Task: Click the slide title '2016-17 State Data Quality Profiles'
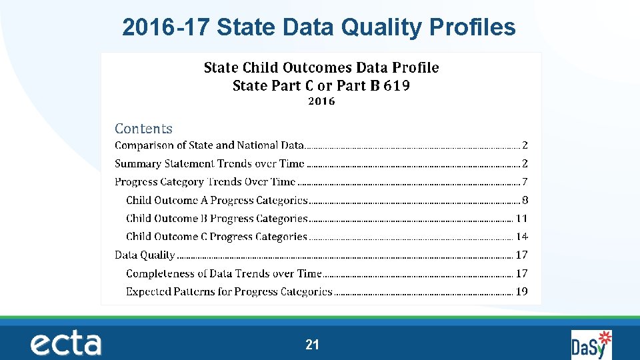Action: pos(319,27)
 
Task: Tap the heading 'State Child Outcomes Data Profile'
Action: pos(321,67)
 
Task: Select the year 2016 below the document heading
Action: pos(321,101)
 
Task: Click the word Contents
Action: pos(143,129)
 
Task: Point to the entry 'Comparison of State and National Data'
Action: pos(209,145)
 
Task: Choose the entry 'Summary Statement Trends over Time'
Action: pos(209,163)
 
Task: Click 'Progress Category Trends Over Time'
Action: pos(205,182)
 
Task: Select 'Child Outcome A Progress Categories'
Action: pos(217,200)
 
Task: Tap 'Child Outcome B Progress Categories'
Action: pos(217,219)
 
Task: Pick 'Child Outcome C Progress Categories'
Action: pos(217,237)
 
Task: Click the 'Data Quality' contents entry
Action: pos(145,255)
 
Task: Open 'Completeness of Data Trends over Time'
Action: pos(223,273)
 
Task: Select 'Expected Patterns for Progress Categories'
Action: pos(229,291)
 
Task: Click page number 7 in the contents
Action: pos(525,182)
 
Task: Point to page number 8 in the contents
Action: pos(525,200)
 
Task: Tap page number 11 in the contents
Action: pos(521,219)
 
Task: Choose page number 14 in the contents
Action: pos(521,237)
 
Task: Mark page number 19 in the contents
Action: pos(521,291)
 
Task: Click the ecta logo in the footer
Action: pos(65,343)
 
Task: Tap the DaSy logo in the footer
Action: pos(591,345)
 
